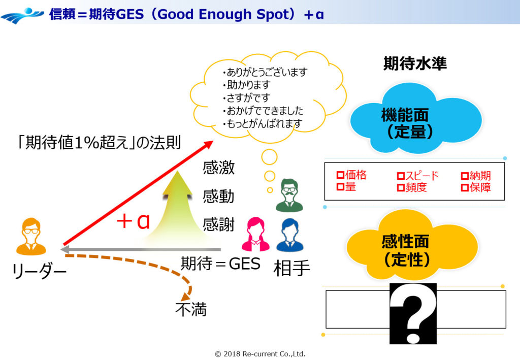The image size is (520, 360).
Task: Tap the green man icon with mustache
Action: [x=289, y=195]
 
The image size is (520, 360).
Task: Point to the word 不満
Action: [x=191, y=309]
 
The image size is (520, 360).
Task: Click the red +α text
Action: [x=133, y=222]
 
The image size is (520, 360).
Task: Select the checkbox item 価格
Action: [x=351, y=176]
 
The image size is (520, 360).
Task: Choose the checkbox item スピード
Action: [x=417, y=176]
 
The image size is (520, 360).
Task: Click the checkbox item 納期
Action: [x=476, y=176]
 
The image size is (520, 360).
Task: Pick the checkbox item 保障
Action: [x=476, y=188]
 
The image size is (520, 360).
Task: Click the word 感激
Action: [x=218, y=168]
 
